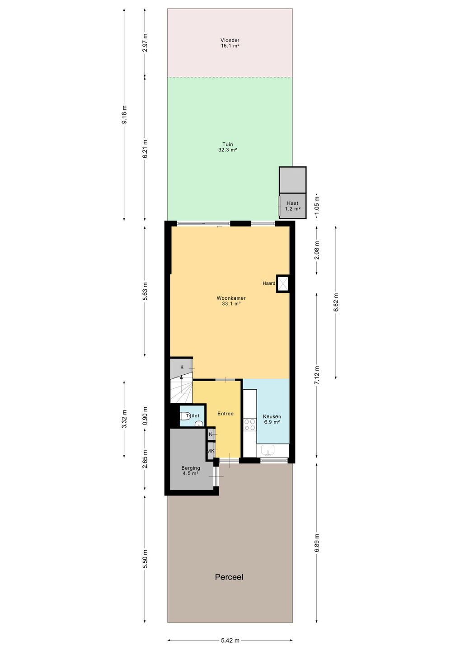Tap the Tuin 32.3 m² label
coord(228,147)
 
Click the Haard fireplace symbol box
coord(282,283)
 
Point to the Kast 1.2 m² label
coord(292,206)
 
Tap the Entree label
coord(225,414)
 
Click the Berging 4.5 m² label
coord(191,471)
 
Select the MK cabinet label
coord(211,451)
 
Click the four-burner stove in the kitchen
coord(249,425)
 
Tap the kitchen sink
coord(268,450)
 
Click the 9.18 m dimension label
coord(124,114)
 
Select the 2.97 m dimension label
coord(145,42)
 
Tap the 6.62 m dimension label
coord(336,302)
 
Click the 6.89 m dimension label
coord(317,542)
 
